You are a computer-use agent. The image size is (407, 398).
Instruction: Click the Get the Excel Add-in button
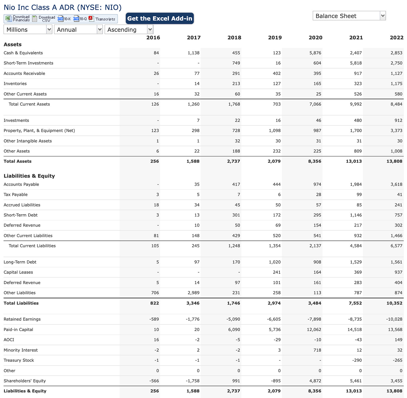160,18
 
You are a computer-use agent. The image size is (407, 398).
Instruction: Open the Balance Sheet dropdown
349,16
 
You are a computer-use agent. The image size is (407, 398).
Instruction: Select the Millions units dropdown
28,30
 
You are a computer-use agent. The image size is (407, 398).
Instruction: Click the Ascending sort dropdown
129,30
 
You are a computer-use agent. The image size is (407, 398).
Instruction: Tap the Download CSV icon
44,19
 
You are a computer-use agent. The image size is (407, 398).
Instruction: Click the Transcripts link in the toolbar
102,19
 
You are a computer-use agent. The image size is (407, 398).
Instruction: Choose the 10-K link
64,19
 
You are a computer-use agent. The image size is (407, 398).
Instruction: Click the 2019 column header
275,38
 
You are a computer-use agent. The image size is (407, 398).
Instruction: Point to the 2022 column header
396,38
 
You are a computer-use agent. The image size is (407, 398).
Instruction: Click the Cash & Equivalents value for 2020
315,53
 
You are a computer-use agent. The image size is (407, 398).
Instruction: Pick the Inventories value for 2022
397,84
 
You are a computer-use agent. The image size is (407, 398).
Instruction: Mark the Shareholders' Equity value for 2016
154,381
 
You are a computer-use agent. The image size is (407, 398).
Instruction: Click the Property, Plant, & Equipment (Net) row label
39,131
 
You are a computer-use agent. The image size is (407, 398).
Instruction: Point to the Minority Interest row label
21,350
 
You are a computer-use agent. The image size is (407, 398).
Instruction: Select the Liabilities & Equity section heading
29,176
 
